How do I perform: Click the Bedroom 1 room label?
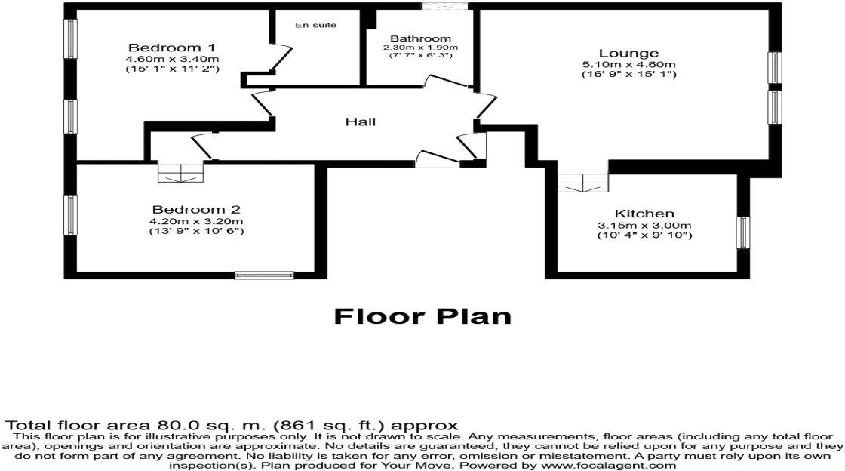coord(172,48)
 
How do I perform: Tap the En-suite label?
coord(315,26)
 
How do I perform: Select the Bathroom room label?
coord(420,38)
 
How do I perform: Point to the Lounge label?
coord(628,54)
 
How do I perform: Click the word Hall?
coord(360,122)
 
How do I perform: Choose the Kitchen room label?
coord(644,214)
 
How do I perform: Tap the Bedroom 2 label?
coord(195,209)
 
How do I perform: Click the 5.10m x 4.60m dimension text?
coord(628,64)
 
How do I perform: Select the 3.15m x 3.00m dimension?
coord(644,226)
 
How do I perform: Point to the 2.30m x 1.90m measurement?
coord(420,48)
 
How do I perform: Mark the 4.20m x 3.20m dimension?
coord(196,220)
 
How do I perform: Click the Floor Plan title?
coord(422,316)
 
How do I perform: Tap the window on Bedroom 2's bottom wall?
coord(263,276)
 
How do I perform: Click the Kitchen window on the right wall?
coord(742,231)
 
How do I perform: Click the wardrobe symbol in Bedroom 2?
coord(181,173)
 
